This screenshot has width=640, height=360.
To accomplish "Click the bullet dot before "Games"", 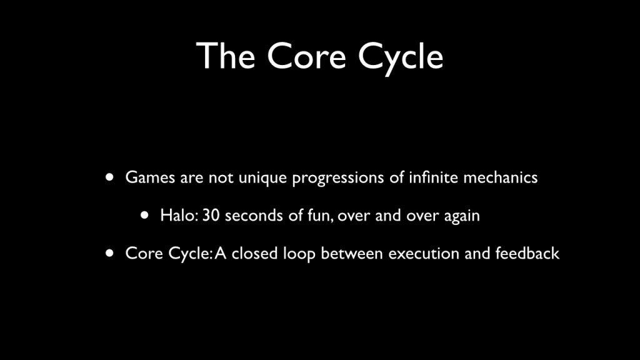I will (x=110, y=177).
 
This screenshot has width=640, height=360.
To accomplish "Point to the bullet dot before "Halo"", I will (x=145, y=216).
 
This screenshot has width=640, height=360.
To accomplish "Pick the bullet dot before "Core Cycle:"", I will (x=110, y=253).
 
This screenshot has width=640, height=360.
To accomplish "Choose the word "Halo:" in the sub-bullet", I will (x=179, y=216).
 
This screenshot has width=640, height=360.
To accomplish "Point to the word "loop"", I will (x=299, y=254).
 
